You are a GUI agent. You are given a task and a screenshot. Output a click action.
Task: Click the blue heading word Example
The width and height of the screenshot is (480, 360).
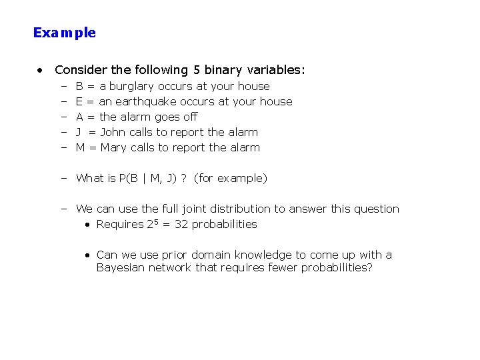coord(65,33)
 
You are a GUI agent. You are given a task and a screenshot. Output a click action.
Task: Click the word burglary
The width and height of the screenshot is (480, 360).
coord(131,86)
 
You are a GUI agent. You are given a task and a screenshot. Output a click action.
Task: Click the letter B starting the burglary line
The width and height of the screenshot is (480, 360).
coord(79,86)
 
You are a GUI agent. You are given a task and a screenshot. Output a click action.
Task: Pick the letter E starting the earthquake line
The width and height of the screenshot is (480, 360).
coord(79,101)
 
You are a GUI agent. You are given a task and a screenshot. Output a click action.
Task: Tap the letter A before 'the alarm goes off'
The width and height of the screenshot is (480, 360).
coord(79,117)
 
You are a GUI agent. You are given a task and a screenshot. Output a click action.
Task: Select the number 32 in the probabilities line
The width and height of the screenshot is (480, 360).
coord(181,225)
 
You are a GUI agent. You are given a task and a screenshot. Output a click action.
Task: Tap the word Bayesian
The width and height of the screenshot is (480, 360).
coord(119,267)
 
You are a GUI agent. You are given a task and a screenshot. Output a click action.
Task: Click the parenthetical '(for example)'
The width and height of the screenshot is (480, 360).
coord(230,178)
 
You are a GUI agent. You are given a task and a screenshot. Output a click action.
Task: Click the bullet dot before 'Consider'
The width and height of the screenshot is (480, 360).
coord(41,69)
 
